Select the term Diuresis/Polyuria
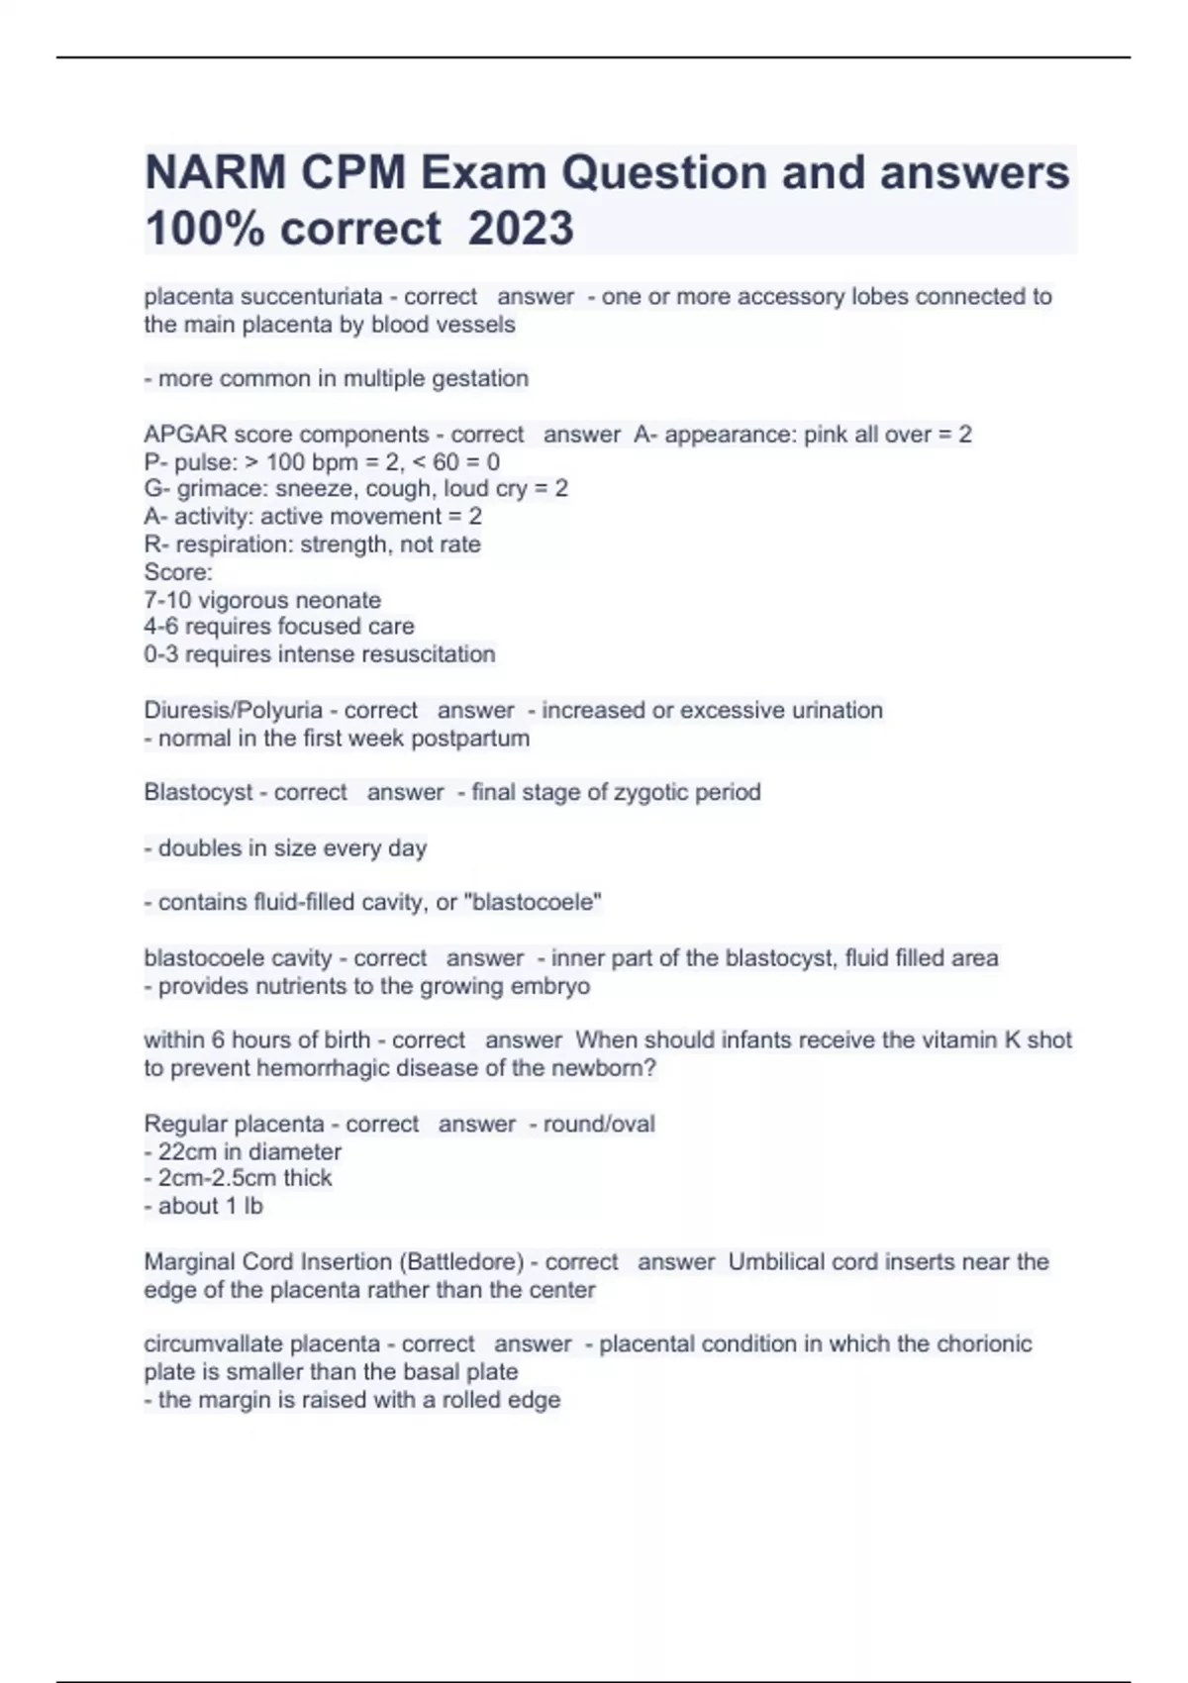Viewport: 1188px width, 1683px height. pos(234,711)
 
